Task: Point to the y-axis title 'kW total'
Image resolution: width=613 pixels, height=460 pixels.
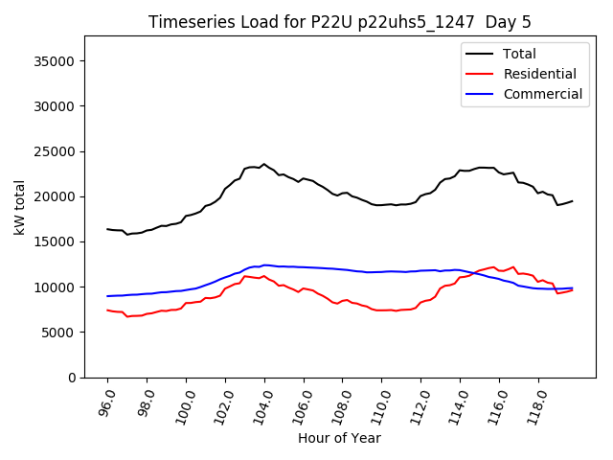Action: pyautogui.click(x=19, y=207)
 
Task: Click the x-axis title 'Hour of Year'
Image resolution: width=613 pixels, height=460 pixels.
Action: pyautogui.click(x=339, y=438)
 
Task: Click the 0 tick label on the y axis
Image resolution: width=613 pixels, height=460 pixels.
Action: pyautogui.click(x=72, y=378)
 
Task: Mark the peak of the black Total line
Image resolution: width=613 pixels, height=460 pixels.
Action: pyautogui.click(x=264, y=164)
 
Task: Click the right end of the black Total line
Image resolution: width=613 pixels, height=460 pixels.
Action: pyautogui.click(x=573, y=201)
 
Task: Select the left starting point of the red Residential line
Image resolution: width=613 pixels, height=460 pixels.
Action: pyautogui.click(x=107, y=310)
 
